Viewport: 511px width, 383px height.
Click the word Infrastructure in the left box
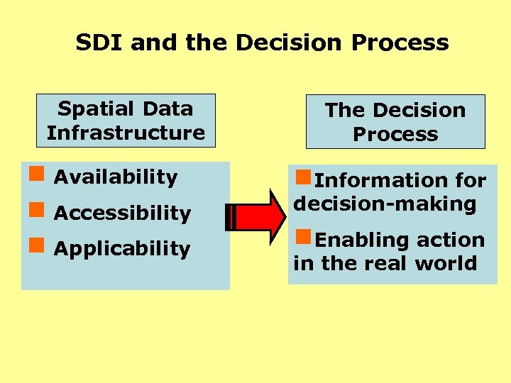coord(126,133)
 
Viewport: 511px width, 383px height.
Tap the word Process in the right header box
coord(395,134)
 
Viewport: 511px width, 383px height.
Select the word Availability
coord(116,177)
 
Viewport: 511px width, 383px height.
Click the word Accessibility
coord(122,213)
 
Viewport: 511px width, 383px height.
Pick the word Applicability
coord(122,249)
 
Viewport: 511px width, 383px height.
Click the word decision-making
coord(385,204)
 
